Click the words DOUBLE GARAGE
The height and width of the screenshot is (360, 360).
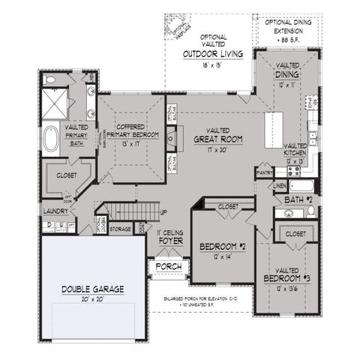(93, 288)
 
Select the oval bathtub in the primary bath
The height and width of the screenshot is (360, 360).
(51, 140)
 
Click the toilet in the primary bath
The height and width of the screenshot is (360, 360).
(49, 79)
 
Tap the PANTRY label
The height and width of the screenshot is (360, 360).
(264, 172)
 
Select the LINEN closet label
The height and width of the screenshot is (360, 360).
(280, 184)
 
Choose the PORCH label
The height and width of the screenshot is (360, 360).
(165, 266)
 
